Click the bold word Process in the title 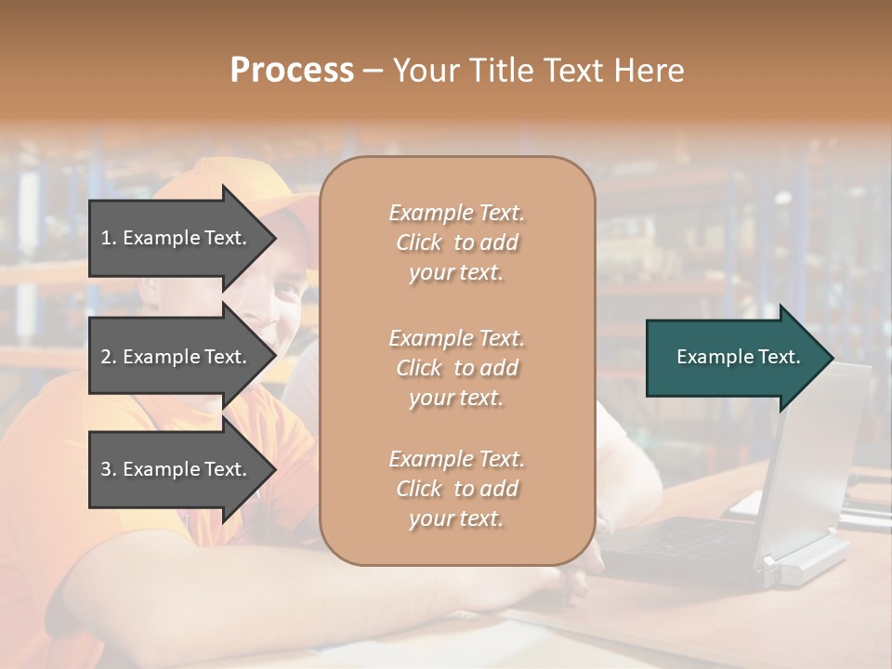[x=292, y=71]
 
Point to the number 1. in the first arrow [x=109, y=238]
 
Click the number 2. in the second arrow [x=109, y=357]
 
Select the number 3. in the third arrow [x=109, y=469]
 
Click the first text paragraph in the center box [x=456, y=243]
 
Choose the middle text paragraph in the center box [x=456, y=368]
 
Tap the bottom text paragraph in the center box [x=456, y=489]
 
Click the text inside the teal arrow [x=739, y=357]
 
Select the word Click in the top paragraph [x=419, y=243]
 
